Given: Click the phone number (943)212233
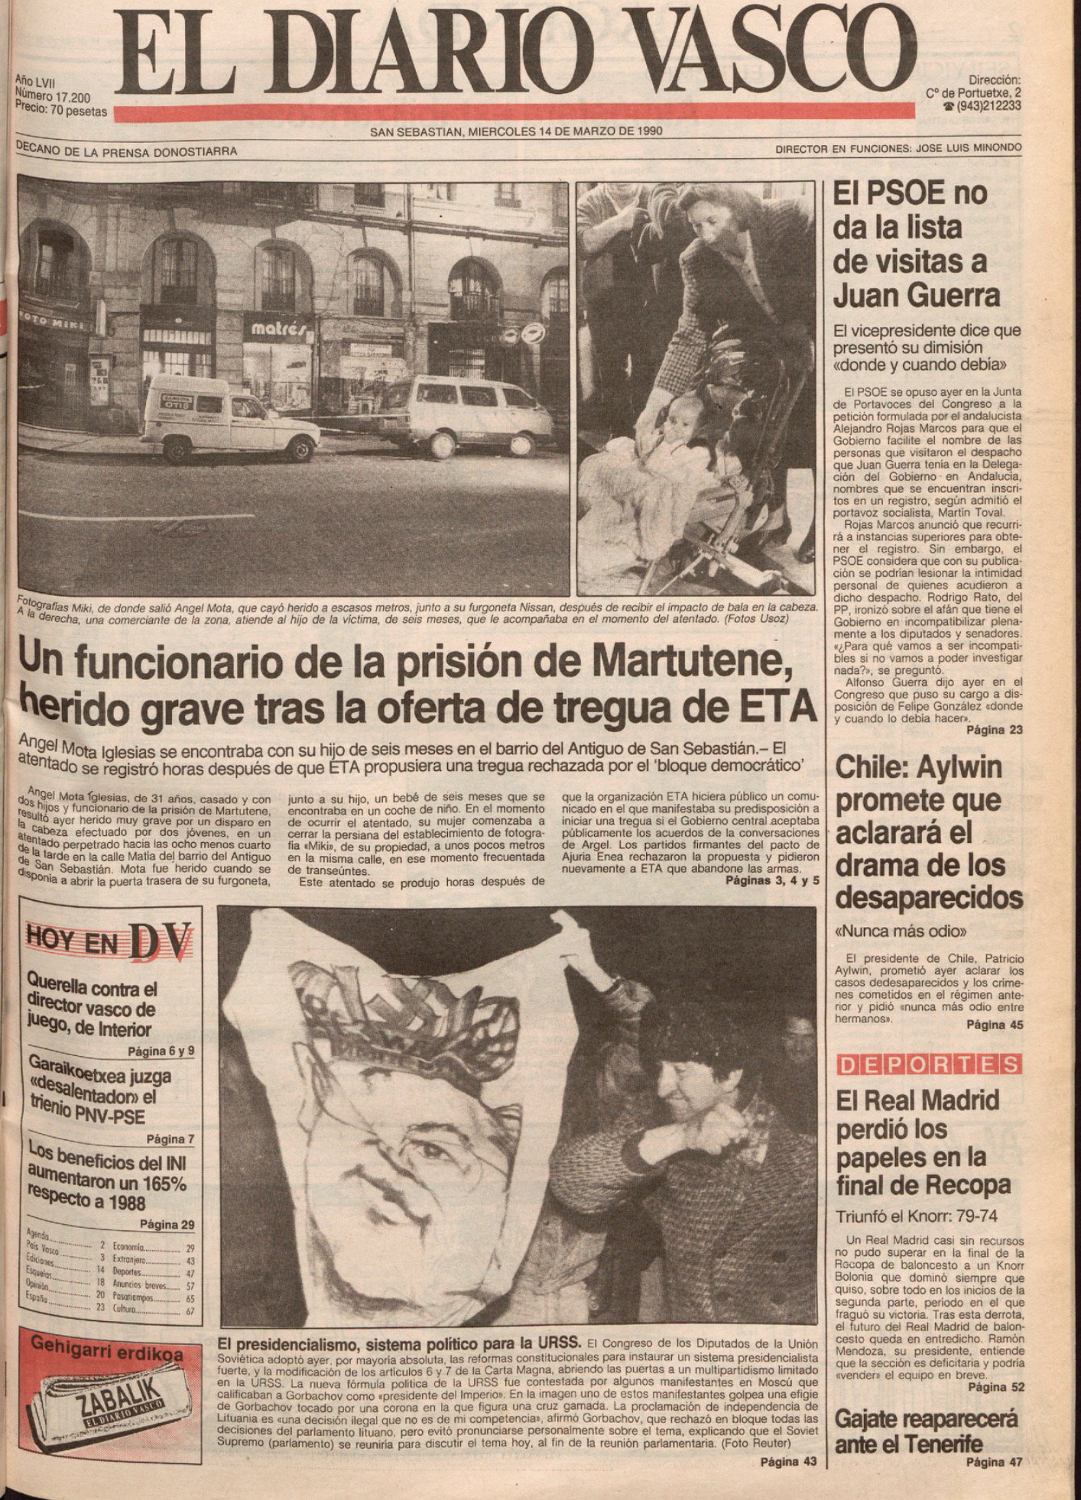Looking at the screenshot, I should (987, 106).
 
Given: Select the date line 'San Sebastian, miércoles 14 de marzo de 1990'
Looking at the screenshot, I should (516, 131).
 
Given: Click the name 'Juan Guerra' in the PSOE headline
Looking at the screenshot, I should (916, 295).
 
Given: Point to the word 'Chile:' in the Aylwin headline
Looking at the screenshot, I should (872, 766).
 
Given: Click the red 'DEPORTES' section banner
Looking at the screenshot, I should (929, 1064).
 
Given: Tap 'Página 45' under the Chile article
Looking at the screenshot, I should (994, 1025).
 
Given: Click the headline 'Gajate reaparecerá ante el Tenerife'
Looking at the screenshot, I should (926, 1431).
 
